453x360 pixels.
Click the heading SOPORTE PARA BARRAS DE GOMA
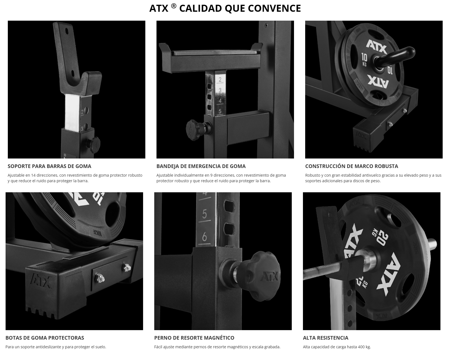pyautogui.click(x=49, y=166)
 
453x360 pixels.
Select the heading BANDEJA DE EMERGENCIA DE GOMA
pyautogui.click(x=201, y=166)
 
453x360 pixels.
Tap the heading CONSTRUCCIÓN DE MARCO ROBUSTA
pyautogui.click(x=351, y=166)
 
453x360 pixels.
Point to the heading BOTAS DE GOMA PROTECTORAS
pyautogui.click(x=45, y=338)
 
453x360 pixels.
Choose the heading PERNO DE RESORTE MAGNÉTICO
pyautogui.click(x=194, y=338)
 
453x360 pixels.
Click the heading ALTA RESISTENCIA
pyautogui.click(x=326, y=338)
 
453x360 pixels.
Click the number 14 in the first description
pyautogui.click(x=33, y=175)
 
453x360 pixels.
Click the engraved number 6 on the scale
pyautogui.click(x=204, y=237)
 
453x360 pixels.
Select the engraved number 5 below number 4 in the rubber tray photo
pyautogui.click(x=220, y=111)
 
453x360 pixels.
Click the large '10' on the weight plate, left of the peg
pyautogui.click(x=364, y=57)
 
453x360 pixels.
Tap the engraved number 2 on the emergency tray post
pyautogui.click(x=220, y=80)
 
